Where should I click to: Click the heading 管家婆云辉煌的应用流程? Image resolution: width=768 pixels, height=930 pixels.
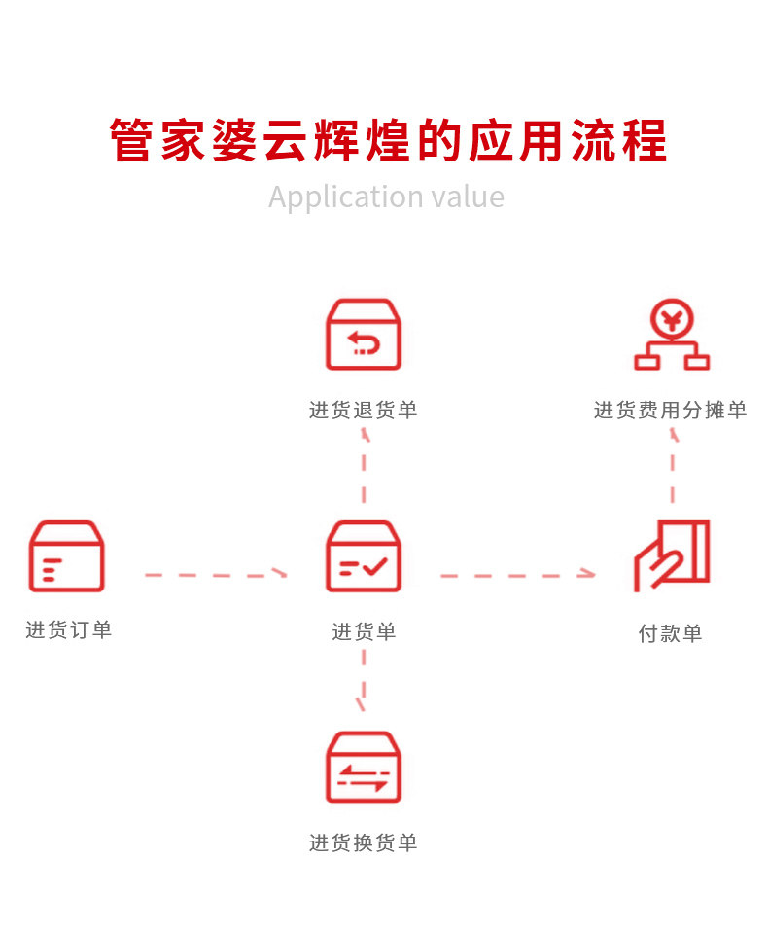387,141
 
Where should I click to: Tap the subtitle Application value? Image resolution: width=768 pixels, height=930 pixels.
387,197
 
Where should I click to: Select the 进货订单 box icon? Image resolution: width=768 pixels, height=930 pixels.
66,556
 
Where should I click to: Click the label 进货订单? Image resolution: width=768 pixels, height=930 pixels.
69,630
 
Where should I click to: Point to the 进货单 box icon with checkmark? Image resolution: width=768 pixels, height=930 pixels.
364,556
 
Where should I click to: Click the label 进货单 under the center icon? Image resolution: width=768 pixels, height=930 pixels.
365,632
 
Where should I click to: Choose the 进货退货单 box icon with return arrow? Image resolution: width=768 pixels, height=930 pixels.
364,335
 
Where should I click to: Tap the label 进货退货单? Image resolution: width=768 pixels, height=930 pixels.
364,411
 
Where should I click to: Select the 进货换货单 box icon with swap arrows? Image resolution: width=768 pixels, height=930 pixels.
364,768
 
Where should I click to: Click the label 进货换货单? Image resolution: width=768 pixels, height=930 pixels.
364,843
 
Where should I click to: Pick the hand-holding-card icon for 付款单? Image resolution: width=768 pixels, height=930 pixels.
672,555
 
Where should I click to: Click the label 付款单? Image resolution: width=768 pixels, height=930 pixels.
670,634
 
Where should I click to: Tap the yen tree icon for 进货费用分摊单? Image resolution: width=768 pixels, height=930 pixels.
672,336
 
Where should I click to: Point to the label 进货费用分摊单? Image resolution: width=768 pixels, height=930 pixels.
671,411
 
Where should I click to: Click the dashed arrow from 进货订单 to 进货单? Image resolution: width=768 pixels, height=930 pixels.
216,575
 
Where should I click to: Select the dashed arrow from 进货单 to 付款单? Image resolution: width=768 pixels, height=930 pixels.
517,575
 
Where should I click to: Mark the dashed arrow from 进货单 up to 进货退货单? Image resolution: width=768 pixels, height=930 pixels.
365,465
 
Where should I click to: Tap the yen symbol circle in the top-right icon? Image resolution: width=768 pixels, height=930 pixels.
672,318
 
